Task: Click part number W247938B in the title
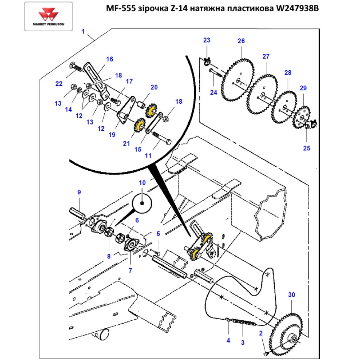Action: (297, 9)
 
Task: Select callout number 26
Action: (241, 41)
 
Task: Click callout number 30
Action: (292, 295)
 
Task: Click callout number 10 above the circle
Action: (142, 183)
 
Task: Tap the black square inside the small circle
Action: (142, 203)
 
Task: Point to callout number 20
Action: (154, 87)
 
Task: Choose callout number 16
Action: (109, 59)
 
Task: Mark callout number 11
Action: (148, 156)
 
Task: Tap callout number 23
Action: (206, 40)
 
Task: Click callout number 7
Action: (130, 270)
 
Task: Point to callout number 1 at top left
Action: (83, 32)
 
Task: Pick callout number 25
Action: (306, 148)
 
